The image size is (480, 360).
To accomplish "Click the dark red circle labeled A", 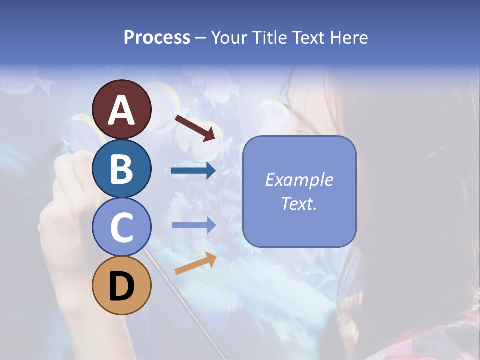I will (x=121, y=109).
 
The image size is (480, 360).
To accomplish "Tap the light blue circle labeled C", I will (x=121, y=227).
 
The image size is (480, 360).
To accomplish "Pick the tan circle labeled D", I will (x=121, y=286).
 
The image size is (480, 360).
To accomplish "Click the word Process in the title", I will (x=157, y=37).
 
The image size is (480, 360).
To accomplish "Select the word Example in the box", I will (x=299, y=180).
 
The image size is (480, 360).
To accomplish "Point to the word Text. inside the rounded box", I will (x=299, y=204).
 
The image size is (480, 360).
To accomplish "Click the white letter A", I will (x=121, y=110).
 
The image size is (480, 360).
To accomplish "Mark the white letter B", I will (x=121, y=169).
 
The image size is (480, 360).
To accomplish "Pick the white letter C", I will (x=121, y=228).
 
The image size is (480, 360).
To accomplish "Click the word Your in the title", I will (x=229, y=37).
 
